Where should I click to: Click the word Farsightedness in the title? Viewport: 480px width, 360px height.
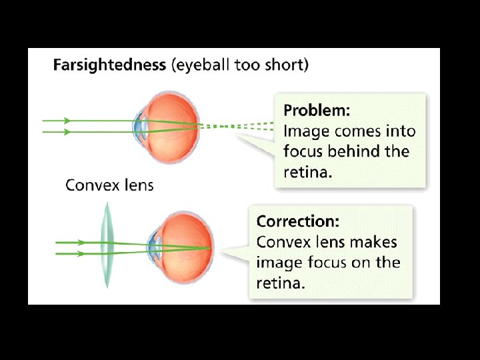pos(109,65)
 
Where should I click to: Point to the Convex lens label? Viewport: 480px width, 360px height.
pos(109,185)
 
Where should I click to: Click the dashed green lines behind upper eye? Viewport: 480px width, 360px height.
pos(237,125)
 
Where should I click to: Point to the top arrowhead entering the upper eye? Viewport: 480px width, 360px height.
pos(67,121)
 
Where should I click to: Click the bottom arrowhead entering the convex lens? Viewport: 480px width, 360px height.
pos(81,254)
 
